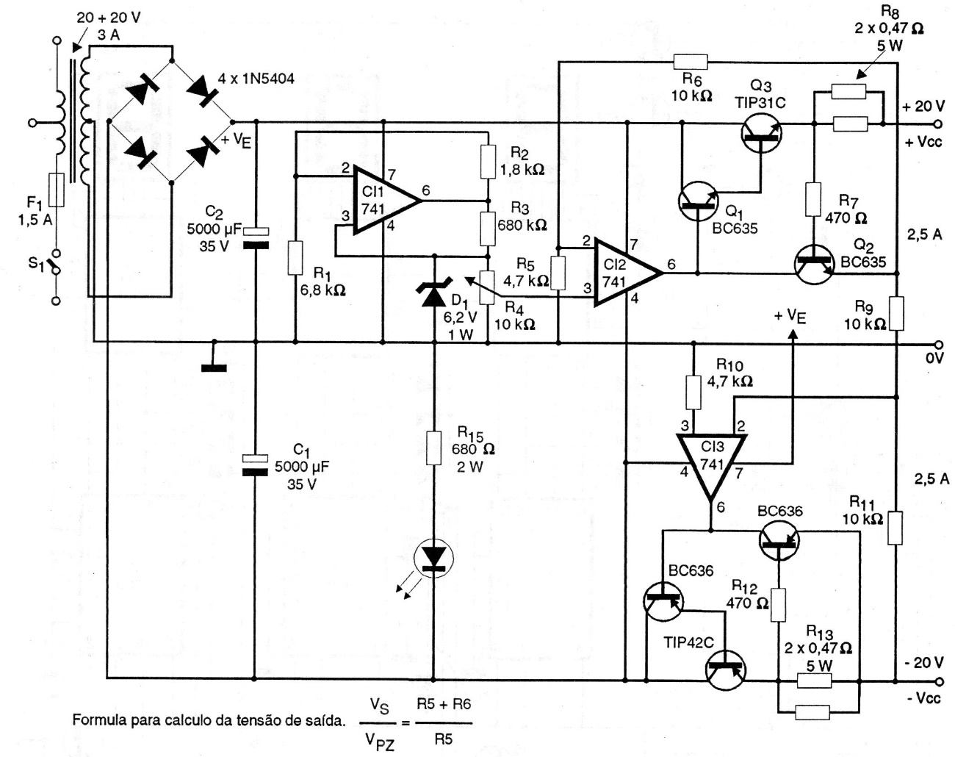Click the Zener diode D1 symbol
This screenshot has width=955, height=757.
tap(433, 294)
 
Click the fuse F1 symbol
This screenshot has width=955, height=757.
tap(56, 190)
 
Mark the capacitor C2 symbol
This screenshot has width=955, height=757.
tap(254, 236)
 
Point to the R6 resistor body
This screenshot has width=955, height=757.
tap(690, 62)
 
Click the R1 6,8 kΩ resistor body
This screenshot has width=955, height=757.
tap(295, 258)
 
